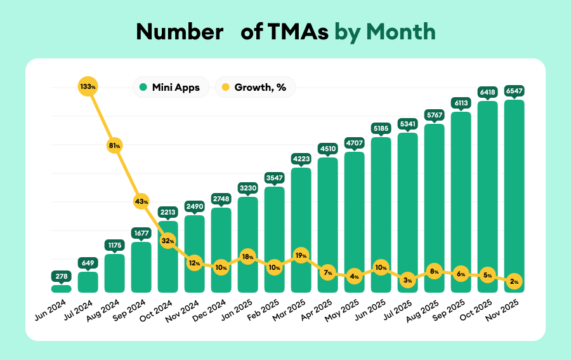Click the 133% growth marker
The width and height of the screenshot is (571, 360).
(x=88, y=86)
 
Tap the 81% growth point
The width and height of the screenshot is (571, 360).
(x=114, y=145)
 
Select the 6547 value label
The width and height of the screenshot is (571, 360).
(x=515, y=91)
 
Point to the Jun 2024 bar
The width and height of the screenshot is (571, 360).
(x=61, y=289)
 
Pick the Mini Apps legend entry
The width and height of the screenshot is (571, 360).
(x=169, y=88)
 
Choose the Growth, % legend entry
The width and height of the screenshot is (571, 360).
(x=254, y=88)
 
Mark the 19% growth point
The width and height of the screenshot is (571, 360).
(x=301, y=256)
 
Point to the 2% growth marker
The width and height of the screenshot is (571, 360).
(x=515, y=281)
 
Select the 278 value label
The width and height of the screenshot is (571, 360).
(x=61, y=276)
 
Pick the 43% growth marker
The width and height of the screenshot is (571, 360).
(x=141, y=201)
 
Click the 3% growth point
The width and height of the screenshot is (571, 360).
(x=408, y=279)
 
